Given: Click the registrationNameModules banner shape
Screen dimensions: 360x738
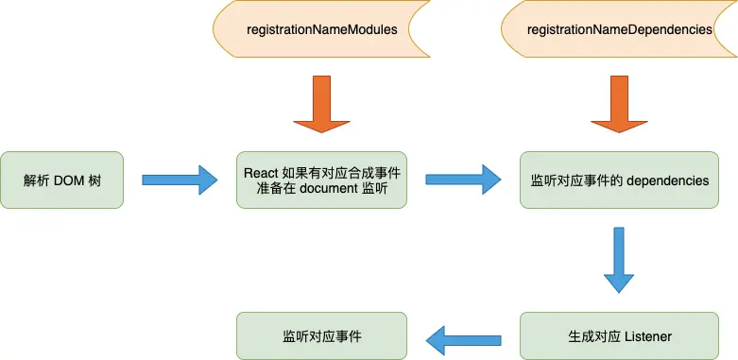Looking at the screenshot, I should point(321,29).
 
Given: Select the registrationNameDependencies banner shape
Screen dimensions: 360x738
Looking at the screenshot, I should point(619,29).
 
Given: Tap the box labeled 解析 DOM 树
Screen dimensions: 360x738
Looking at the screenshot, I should point(62,180).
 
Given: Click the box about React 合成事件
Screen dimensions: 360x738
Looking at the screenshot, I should point(321,180).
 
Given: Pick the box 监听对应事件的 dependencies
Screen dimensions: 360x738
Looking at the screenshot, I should point(619,180).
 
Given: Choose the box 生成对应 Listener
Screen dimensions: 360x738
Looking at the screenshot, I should point(619,335).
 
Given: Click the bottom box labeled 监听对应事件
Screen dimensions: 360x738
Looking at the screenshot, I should point(321,335).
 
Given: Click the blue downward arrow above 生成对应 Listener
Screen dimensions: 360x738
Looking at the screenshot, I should point(619,261).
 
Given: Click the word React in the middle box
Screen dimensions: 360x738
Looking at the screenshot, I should point(261,171).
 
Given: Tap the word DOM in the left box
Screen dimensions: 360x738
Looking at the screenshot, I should point(70,180).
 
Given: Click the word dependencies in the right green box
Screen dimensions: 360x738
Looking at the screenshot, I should point(667,180).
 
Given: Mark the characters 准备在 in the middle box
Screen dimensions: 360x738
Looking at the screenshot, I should point(274,189).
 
